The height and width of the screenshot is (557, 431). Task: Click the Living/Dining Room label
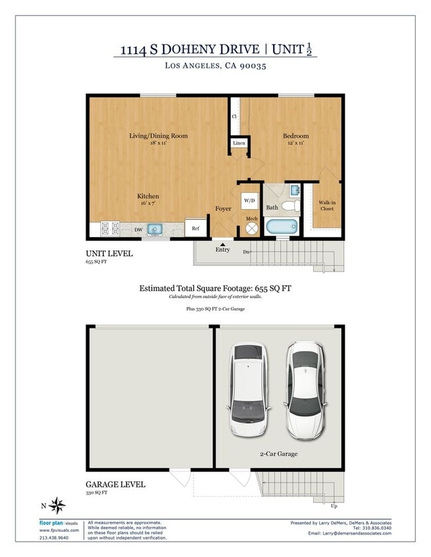coord(158,136)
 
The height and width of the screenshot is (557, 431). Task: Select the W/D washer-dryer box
coord(249,199)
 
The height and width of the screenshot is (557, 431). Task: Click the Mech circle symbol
coord(252,227)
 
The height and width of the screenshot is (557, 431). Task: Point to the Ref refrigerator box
coord(196,228)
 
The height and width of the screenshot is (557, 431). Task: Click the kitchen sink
coord(155,229)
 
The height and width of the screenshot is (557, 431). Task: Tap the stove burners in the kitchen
coord(110,229)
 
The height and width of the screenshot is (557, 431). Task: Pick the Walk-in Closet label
coord(326,205)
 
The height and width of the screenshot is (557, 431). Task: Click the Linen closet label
coord(238,143)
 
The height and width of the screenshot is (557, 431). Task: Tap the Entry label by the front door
coord(223,249)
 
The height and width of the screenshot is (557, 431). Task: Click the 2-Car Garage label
coord(278,454)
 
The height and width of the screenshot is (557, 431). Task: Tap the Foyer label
coord(223,209)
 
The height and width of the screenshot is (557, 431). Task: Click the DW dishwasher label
coord(139,230)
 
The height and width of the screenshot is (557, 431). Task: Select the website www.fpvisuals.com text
coord(59,530)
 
